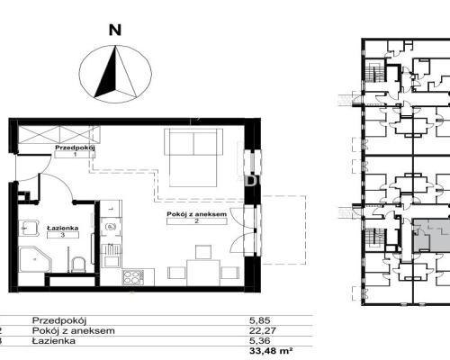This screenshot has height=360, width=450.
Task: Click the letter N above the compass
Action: (x=115, y=31)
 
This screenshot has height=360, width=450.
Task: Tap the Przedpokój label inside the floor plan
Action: (x=75, y=148)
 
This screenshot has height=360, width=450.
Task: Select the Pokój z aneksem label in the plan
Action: (x=197, y=214)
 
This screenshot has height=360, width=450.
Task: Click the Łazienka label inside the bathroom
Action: (x=63, y=228)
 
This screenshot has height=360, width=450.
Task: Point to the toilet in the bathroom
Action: (x=78, y=265)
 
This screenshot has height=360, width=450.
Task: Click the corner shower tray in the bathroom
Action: (x=35, y=260)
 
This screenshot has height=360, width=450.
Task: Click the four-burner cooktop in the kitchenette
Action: (x=133, y=277)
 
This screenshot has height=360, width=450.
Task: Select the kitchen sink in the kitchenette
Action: (x=111, y=256)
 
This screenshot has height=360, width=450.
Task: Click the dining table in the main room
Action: (x=203, y=273)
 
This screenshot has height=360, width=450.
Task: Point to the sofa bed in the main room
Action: (x=193, y=157)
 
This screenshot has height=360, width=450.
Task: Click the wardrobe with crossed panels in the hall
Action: (x=58, y=135)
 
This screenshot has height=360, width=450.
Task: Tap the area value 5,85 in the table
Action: (x=257, y=320)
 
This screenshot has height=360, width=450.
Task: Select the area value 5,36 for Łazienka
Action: (x=260, y=341)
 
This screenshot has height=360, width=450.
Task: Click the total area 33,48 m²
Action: (x=271, y=351)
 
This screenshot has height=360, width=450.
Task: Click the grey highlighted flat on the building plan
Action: (x=431, y=236)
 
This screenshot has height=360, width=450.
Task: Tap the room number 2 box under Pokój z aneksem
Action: (x=197, y=221)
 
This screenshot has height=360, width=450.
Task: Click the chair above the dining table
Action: (x=203, y=252)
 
